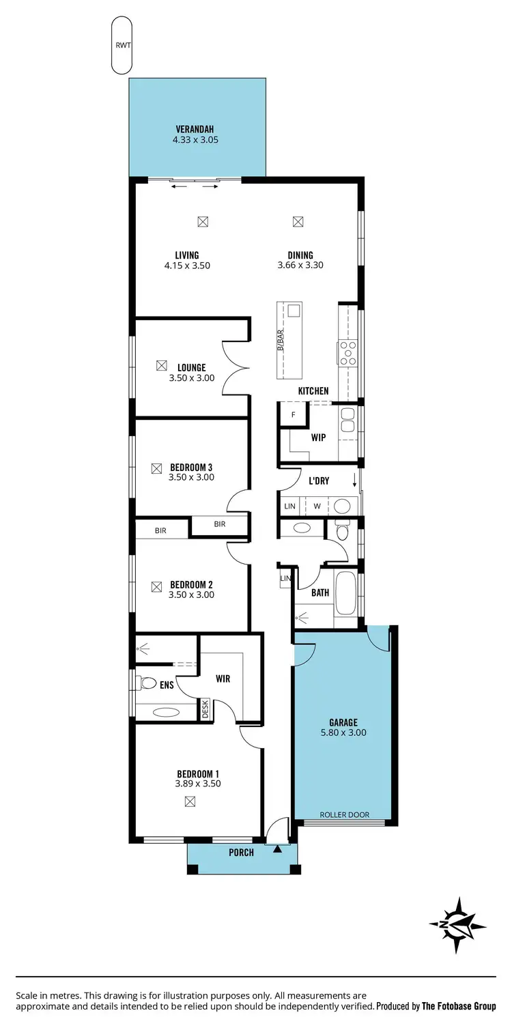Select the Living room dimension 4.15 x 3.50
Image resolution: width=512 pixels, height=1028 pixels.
(186, 266)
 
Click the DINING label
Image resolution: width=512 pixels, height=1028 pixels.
(300, 255)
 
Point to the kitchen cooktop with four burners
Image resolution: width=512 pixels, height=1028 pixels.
(347, 353)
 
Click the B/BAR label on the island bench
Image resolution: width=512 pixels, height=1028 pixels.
(281, 340)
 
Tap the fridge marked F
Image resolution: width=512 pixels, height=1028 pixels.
(294, 414)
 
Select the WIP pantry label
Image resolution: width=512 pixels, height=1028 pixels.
(318, 438)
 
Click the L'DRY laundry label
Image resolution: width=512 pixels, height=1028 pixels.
(319, 481)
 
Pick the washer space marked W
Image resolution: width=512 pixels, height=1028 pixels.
(317, 506)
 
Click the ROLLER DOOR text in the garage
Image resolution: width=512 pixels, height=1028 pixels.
(345, 814)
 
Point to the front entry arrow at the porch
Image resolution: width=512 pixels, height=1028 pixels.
(277, 849)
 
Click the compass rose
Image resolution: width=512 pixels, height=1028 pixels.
(457, 925)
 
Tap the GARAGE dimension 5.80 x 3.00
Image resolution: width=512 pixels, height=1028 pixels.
(343, 732)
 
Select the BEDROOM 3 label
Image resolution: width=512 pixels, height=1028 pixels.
(191, 467)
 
